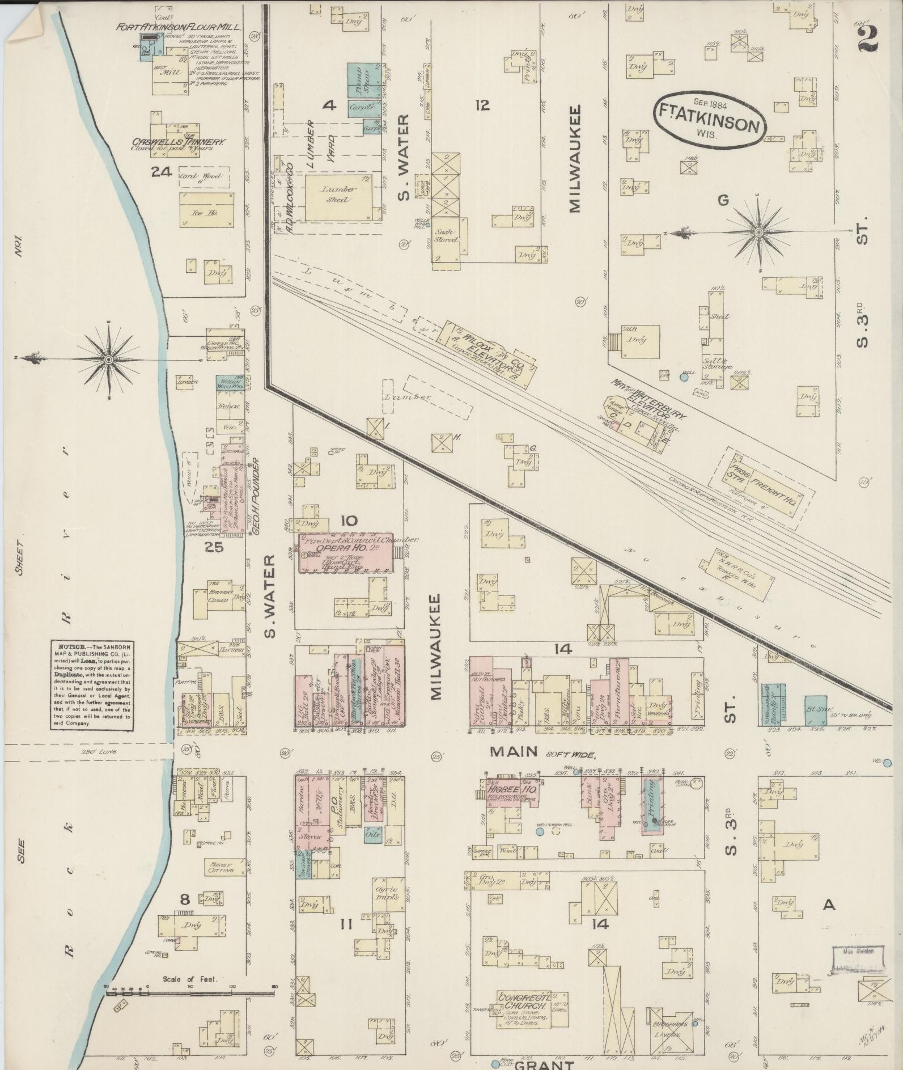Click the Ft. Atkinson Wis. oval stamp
coord(709,119)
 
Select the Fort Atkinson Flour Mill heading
coord(179,27)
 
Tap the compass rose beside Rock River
coord(108,360)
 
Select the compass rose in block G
coord(758,232)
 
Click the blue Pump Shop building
coord(363,81)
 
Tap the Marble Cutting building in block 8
coord(218,866)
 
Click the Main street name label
coord(513,751)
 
